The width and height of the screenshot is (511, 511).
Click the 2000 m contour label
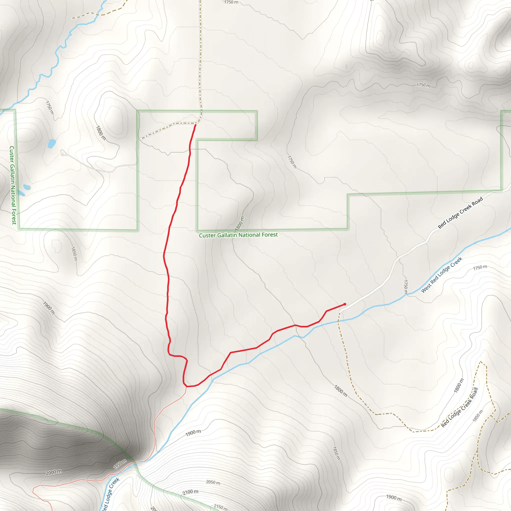[x=54, y=472]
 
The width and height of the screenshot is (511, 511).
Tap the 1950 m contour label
[x=120, y=464]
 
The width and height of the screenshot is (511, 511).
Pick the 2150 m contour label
[x=220, y=507]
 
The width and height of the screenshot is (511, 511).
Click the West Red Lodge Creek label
[x=441, y=275]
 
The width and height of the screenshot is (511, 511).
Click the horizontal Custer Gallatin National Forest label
[x=238, y=235]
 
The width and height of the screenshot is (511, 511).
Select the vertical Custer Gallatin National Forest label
[x=13, y=185]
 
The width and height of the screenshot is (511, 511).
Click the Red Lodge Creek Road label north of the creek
[x=460, y=213]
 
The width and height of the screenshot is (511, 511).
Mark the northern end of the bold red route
[x=195, y=125]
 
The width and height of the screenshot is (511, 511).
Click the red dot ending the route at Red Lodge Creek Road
[x=345, y=304]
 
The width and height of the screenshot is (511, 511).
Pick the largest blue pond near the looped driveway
[x=52, y=144]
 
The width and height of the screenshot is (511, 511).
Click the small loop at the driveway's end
[x=63, y=153]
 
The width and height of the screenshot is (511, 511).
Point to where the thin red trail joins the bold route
[x=186, y=386]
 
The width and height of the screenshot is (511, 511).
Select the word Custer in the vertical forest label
[x=12, y=154]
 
